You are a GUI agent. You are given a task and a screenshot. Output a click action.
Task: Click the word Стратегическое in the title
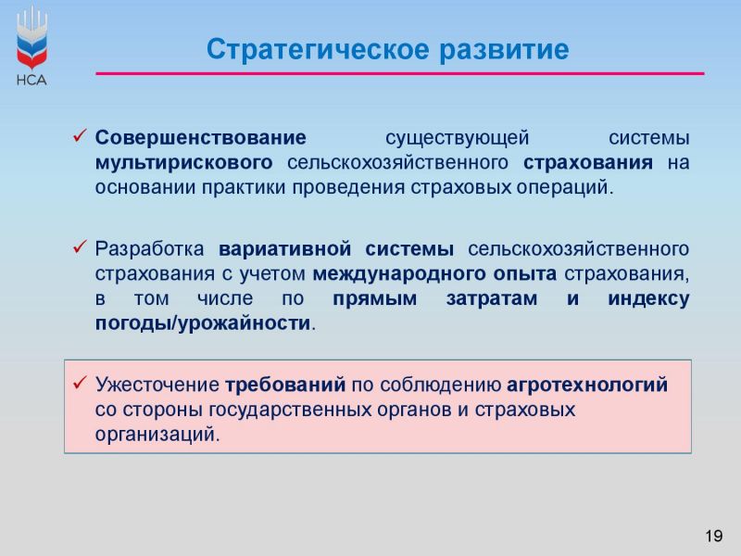point(318,50)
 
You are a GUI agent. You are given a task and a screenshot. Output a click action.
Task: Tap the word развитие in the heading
point(504,50)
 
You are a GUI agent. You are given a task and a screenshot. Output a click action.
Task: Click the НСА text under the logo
point(31,80)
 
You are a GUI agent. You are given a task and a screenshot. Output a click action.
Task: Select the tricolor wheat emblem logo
point(31,39)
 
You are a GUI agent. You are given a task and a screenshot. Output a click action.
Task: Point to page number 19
point(713,536)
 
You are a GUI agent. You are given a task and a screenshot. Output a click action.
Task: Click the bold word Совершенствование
point(201,137)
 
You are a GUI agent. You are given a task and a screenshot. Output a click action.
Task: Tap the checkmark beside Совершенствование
point(80,135)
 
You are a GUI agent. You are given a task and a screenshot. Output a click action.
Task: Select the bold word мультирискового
point(183,163)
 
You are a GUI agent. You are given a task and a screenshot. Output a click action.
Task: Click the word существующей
point(457,138)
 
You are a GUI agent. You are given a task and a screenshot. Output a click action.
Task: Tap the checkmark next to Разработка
point(80,246)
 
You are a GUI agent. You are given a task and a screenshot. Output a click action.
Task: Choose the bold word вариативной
point(285,249)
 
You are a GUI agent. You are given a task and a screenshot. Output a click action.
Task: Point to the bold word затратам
point(492,298)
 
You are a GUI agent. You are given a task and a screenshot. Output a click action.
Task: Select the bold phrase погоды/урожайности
point(203,323)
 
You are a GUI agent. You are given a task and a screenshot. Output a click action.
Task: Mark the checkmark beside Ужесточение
point(80,383)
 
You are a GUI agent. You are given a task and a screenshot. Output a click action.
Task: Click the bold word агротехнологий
point(587,385)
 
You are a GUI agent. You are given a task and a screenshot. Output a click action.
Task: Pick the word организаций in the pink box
point(157,435)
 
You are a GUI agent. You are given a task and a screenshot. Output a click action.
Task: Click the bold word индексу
point(648,299)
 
